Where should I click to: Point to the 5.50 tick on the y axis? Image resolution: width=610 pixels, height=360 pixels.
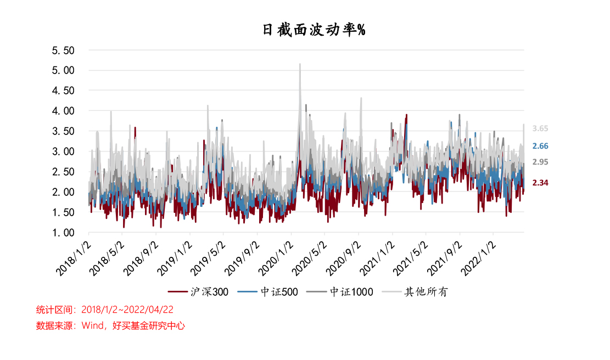63,50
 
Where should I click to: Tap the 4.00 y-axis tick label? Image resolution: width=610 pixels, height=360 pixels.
63,111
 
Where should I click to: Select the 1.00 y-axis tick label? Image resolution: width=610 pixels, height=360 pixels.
63,233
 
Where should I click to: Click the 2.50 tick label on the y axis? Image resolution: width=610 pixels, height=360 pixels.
63,172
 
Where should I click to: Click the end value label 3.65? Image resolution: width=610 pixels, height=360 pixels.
540,128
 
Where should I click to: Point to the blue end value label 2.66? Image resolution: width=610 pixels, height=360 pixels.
540,146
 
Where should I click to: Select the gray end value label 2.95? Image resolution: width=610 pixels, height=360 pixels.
540,162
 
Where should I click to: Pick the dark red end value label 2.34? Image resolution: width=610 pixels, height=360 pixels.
540,183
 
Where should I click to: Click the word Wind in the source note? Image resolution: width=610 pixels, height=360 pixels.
93,325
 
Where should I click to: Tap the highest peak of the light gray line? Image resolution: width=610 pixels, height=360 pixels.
300,64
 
